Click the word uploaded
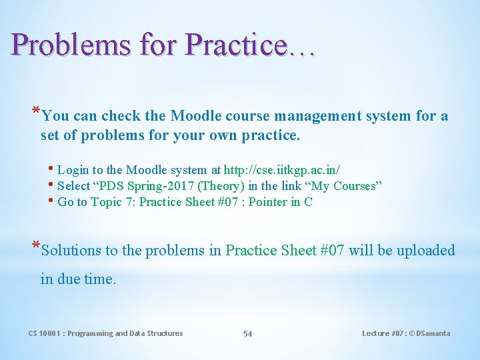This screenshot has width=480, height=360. point(425,251)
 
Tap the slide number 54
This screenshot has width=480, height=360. point(247,334)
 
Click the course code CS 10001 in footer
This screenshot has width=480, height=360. point(45,333)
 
